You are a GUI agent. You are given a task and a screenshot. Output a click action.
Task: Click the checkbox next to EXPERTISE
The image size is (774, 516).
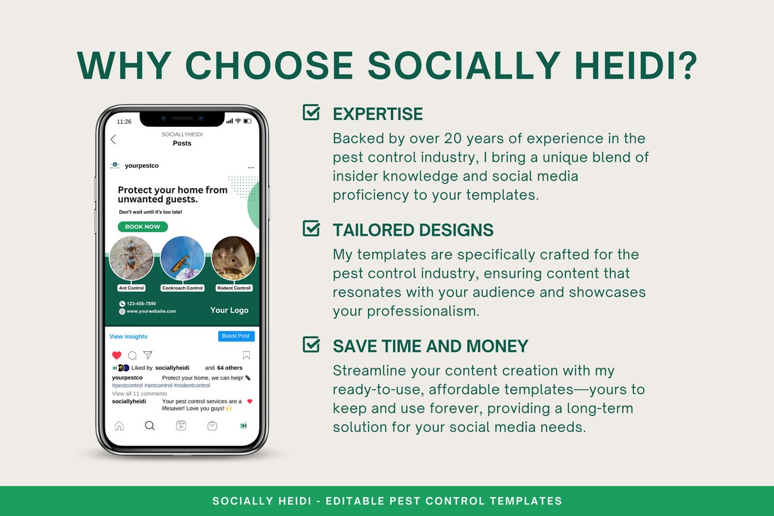[311, 112]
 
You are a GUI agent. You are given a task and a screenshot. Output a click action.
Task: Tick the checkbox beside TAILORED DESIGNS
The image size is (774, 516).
[311, 229]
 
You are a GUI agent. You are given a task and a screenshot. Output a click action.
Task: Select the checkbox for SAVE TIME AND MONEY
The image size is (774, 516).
[311, 345]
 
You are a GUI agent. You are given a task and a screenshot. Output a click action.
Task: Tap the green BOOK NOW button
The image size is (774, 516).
[143, 227]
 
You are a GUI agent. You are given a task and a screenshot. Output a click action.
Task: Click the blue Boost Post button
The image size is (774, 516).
[236, 336]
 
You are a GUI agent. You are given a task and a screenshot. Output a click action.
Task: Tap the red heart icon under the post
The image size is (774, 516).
[117, 355]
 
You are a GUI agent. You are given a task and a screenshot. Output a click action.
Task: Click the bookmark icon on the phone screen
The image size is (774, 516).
[246, 355]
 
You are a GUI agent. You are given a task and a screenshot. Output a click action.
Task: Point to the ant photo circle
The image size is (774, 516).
[131, 258]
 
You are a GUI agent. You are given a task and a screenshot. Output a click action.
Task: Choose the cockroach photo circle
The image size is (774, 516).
[183, 258]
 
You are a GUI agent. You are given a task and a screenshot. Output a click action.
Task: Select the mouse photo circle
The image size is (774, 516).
[234, 258]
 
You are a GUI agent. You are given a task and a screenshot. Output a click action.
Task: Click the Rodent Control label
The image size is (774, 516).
[234, 288]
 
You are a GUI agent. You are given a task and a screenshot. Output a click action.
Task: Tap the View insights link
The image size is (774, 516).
[128, 337]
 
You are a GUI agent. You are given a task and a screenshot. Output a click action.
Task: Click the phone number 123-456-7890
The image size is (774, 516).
[141, 303]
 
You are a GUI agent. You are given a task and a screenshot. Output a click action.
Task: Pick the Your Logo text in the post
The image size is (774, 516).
[229, 310]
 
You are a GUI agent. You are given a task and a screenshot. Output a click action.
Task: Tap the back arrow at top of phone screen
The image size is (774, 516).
[113, 139]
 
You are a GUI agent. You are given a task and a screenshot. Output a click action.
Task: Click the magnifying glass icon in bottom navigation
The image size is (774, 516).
[150, 426]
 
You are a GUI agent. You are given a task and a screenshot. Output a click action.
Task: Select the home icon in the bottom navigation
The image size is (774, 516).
[119, 426]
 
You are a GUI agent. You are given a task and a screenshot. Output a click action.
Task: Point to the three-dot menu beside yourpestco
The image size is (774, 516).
[251, 167]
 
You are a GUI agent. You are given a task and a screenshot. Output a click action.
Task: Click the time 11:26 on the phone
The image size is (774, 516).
[124, 122]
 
